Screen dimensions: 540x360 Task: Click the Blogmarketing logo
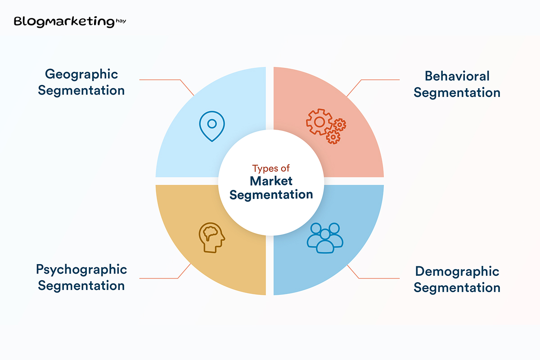click(x=70, y=22)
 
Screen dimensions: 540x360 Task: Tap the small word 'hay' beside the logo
click(x=121, y=21)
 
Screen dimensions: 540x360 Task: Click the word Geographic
click(x=81, y=75)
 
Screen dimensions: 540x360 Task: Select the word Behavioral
click(x=457, y=76)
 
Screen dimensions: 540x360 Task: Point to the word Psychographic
click(x=81, y=270)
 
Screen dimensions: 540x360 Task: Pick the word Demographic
click(x=457, y=272)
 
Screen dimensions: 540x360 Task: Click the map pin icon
click(x=212, y=126)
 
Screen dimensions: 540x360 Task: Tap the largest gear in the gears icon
click(x=319, y=122)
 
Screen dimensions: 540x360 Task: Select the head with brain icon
click(x=212, y=238)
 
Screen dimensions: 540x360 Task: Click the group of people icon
click(x=325, y=238)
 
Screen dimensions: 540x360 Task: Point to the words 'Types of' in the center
click(x=271, y=168)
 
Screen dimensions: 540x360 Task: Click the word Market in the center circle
click(x=271, y=181)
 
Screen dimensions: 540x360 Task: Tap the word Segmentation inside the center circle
click(x=271, y=195)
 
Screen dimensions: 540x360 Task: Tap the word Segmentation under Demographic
click(x=457, y=288)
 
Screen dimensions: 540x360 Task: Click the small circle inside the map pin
click(x=212, y=124)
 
